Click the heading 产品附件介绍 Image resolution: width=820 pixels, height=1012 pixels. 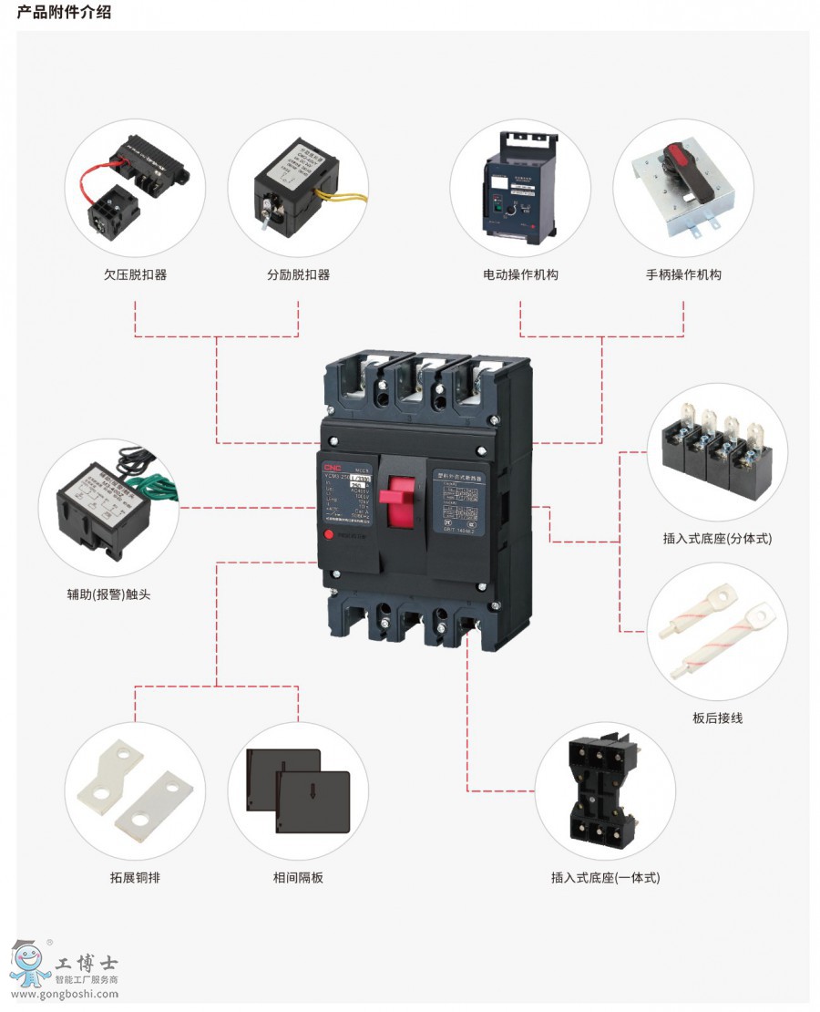point(65,13)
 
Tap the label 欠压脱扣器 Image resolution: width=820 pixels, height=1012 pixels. point(135,274)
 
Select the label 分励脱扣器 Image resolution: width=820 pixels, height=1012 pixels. point(298,274)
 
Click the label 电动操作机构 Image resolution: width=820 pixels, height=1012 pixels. point(520,274)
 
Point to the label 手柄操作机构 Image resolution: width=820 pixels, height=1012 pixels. point(683,274)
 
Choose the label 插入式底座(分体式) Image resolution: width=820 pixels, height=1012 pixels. point(717,539)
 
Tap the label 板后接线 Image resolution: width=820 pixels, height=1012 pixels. point(717,718)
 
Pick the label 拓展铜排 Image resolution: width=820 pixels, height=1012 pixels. point(135,878)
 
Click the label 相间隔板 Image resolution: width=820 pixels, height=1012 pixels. point(298,878)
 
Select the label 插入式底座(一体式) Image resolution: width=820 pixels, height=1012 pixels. point(605,878)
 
